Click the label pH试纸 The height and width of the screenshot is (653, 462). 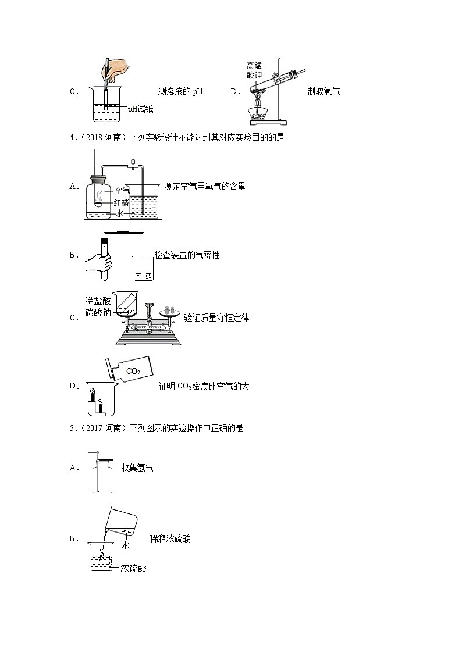pyautogui.click(x=140, y=109)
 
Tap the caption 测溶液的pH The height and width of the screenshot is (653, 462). pyautogui.click(x=180, y=91)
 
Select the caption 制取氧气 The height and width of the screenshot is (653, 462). pyautogui.click(x=324, y=91)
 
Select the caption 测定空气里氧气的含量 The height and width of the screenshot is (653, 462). pyautogui.click(x=205, y=186)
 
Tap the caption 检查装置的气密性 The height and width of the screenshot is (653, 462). pyautogui.click(x=187, y=255)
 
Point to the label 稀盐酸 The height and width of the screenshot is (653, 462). pyautogui.click(x=97, y=301)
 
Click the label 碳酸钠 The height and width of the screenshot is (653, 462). pyautogui.click(x=97, y=313)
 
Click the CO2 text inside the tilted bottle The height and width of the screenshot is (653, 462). pyautogui.click(x=134, y=370)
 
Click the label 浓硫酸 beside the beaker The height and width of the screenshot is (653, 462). pyautogui.click(x=133, y=568)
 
